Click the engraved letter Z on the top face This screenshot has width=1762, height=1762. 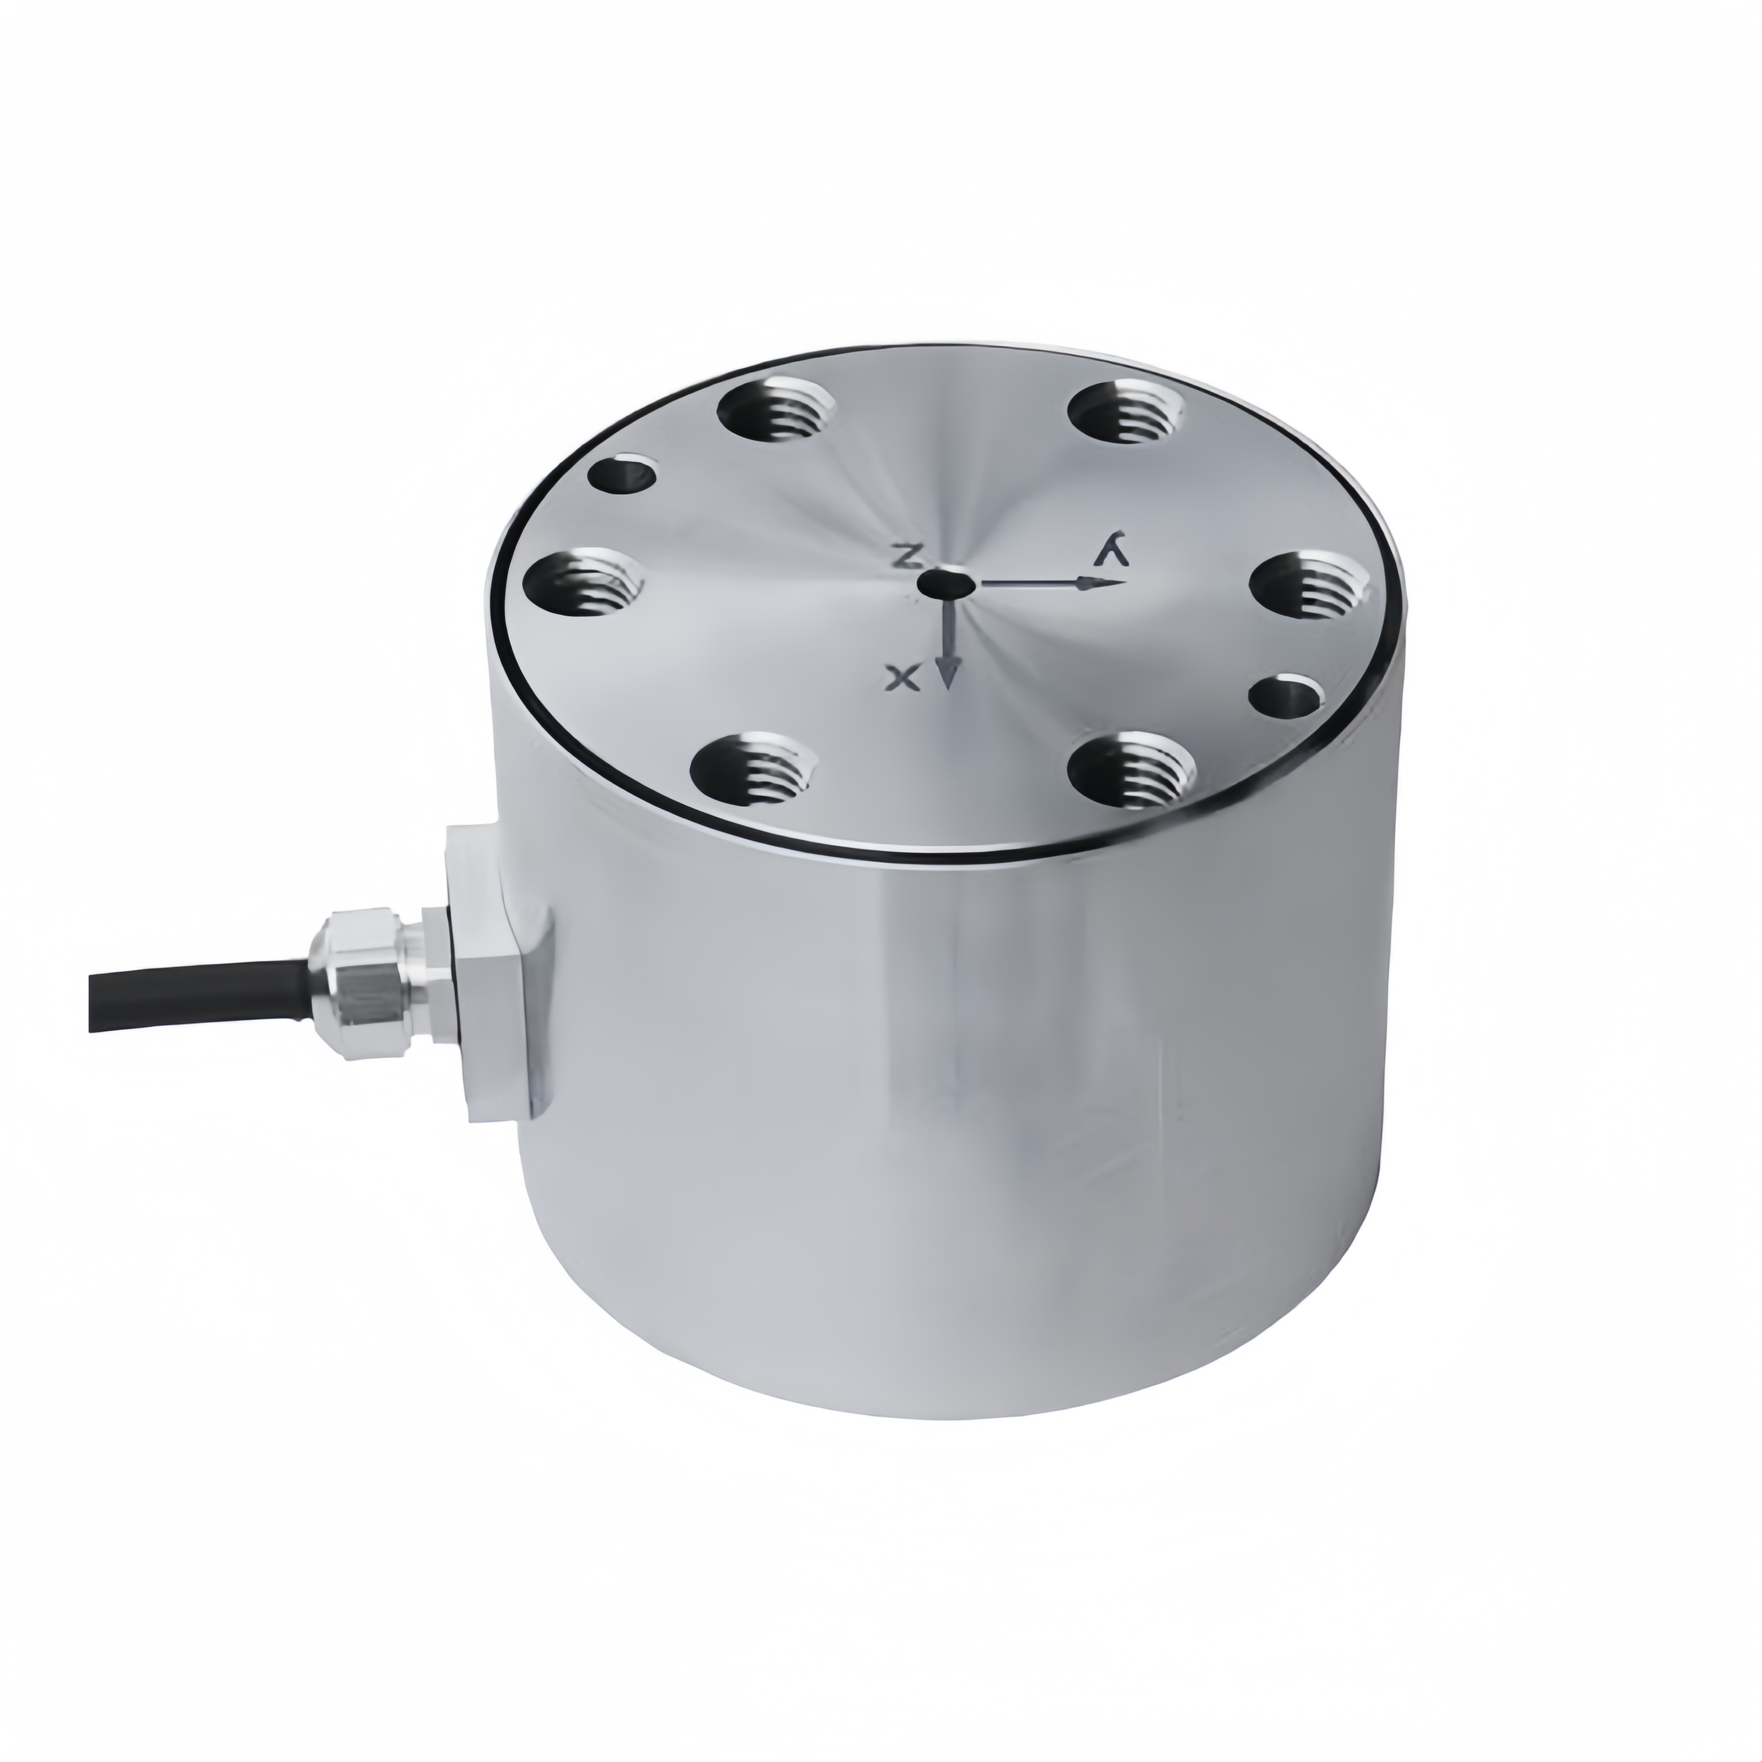pos(907,556)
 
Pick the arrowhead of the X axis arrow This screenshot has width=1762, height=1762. pos(949,673)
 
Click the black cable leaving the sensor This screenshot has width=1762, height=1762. pos(200,996)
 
